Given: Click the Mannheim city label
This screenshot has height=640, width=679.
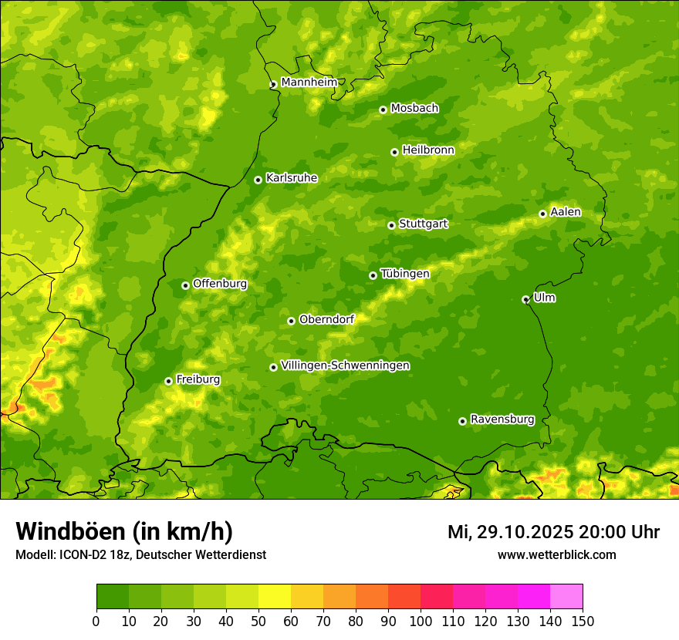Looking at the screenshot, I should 309,83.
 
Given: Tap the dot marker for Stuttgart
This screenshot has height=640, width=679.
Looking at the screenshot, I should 391,225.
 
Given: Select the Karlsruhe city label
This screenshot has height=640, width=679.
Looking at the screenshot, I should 291,178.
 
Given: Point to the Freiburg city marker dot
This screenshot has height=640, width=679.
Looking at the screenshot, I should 168,381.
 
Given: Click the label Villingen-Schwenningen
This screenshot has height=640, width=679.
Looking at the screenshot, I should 345,365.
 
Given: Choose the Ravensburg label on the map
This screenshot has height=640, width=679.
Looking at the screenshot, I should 502,419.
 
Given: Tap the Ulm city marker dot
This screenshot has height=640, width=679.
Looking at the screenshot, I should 525,299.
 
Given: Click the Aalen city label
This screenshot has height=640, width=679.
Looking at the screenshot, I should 566,212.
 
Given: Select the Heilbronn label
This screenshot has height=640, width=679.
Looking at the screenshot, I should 428,150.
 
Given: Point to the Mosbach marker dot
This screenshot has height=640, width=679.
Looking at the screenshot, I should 383,109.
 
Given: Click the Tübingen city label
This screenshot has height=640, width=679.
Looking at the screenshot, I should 404,274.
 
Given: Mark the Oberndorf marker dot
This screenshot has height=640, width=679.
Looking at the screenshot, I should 291,321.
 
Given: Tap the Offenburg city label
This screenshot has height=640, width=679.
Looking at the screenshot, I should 220,284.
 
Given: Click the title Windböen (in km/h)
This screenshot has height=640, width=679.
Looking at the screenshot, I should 123,531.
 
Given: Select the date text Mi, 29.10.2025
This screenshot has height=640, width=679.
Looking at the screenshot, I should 509,532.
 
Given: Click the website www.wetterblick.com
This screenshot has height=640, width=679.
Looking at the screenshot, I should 556,555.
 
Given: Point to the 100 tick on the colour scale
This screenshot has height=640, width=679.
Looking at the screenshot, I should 421,621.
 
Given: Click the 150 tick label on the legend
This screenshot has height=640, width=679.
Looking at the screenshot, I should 582,621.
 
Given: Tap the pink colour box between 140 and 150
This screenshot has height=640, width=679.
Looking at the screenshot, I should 566,597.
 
